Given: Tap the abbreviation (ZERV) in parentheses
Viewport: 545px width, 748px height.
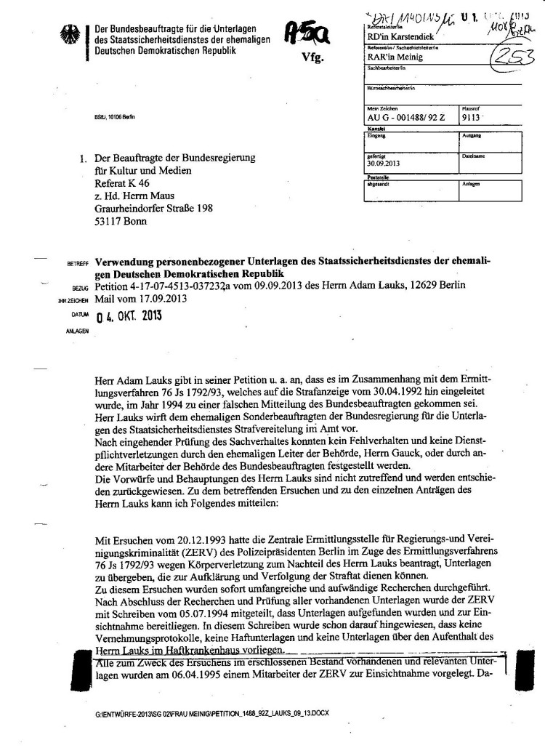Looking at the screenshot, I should pyautogui.click(x=153, y=553).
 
